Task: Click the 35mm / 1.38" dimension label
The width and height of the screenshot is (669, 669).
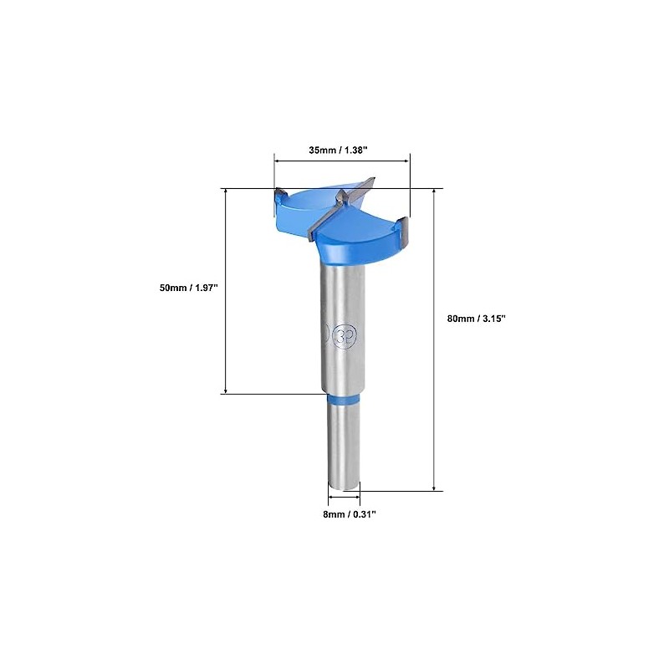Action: tap(339, 151)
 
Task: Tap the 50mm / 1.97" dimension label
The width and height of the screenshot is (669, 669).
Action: tap(189, 288)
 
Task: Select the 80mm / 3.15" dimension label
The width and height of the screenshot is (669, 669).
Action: tap(477, 319)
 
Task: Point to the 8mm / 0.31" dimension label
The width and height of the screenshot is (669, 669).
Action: tap(350, 514)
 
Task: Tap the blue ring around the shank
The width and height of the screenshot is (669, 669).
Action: tap(344, 399)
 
